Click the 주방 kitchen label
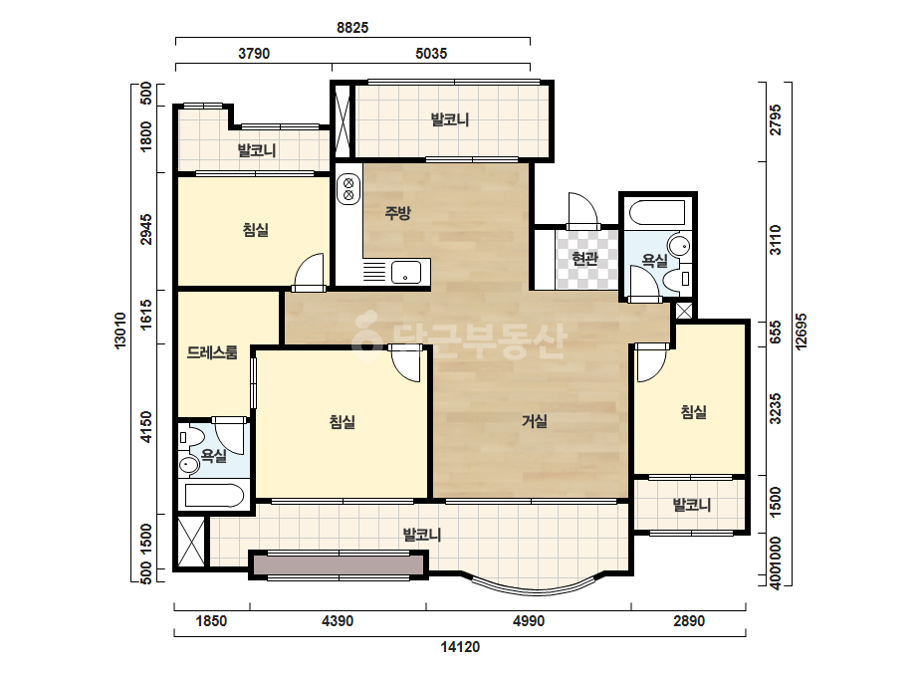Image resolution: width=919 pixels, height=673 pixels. pos(397,212)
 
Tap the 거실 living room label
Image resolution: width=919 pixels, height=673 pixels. pos(535,421)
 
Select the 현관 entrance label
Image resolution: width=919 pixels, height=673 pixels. pos(584,259)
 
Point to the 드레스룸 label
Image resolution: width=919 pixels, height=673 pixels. pos(212,352)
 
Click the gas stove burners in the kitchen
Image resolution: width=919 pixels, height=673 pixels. pos(348,188)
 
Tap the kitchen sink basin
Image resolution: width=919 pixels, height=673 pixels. pos(405,272)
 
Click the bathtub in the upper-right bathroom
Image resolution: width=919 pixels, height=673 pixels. pos(655,213)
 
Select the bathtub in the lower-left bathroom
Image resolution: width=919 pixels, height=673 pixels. pos(214,496)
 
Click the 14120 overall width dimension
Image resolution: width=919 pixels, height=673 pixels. pos(460,647)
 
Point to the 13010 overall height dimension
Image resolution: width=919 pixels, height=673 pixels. pos(120,331)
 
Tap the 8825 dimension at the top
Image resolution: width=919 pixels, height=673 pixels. pos(352,28)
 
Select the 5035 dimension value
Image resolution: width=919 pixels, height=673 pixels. pos(431,54)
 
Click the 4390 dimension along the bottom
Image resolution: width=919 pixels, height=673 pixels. pos(339,621)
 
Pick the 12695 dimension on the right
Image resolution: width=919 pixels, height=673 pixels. pos(802,332)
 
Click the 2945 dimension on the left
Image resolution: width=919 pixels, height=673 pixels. pos(146,229)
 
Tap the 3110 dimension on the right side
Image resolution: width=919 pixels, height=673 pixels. pos(776,240)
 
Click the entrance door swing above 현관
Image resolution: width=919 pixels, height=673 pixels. pos(582,210)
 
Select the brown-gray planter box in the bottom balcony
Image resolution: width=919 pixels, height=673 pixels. pos(339,565)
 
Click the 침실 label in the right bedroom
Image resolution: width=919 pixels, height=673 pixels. pos(693,412)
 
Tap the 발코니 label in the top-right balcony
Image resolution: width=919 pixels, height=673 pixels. pos(450,120)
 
